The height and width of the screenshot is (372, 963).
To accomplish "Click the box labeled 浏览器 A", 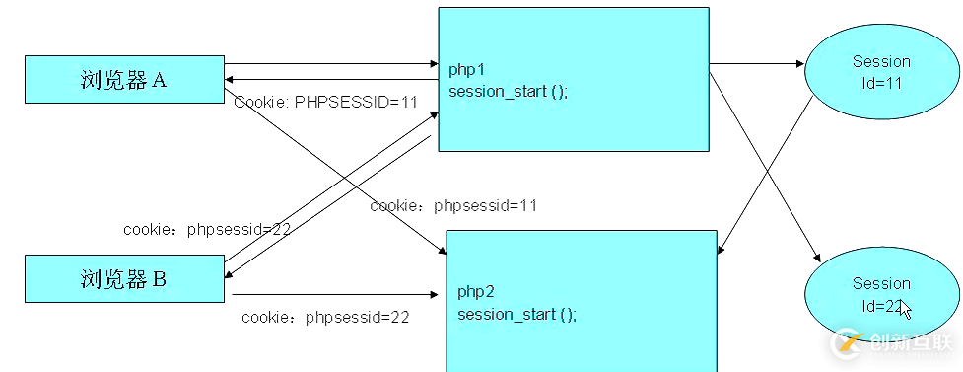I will click(124, 80).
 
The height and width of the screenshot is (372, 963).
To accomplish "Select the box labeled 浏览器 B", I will click(124, 278).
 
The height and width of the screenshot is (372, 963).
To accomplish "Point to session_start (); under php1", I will click(508, 92).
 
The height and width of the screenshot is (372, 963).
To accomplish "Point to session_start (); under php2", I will click(516, 314).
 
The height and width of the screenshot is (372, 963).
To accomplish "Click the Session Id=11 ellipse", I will click(880, 72).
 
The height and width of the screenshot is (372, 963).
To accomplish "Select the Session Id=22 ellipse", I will click(880, 294).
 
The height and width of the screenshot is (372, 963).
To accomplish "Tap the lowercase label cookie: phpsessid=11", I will click(452, 205).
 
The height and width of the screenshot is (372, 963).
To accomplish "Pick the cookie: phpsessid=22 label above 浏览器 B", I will click(206, 229).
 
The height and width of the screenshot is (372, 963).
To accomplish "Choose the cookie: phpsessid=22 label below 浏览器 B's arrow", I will click(325, 317).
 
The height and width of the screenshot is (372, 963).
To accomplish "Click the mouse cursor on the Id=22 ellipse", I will click(905, 310).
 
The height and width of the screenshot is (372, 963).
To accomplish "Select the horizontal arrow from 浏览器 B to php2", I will click(335, 294).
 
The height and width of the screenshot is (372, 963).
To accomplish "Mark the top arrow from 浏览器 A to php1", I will click(330, 64).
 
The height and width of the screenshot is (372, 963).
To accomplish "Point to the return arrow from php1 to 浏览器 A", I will click(330, 80).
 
